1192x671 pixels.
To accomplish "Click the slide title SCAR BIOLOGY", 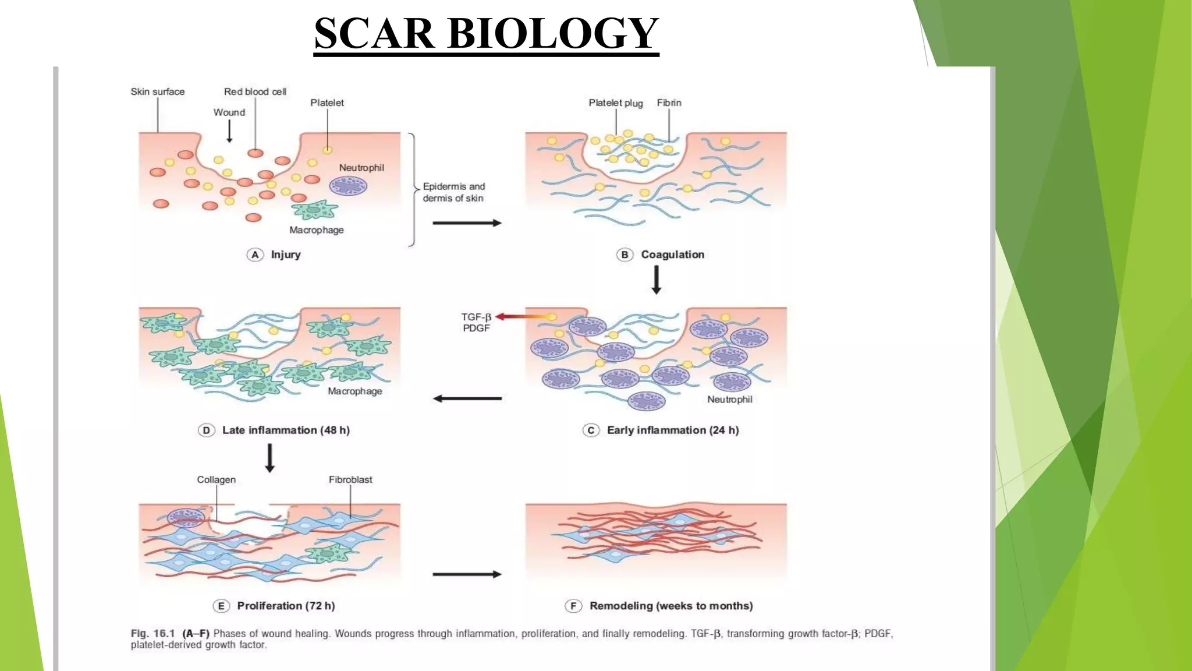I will click(486, 34).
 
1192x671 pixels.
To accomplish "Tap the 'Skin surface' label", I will click(157, 91).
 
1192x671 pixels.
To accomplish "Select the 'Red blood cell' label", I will click(255, 91).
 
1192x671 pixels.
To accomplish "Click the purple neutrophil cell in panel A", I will click(348, 186).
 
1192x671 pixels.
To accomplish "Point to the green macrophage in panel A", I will click(315, 210).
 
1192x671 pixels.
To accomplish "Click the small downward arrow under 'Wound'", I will click(229, 132).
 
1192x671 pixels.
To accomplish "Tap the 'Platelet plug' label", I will click(615, 103).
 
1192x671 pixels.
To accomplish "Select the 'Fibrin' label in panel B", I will click(669, 103).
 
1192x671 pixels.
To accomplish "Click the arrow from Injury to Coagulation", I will click(467, 223).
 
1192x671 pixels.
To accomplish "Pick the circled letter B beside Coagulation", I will click(625, 255).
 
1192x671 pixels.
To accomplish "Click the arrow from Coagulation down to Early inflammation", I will click(656, 280).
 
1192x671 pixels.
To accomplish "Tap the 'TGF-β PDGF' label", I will click(476, 322).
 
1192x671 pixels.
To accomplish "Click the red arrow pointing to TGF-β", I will click(523, 317).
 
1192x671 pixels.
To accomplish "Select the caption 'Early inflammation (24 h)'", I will click(672, 430).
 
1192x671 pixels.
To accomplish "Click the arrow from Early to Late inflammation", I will click(467, 399).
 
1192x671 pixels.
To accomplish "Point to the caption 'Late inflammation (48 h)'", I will click(285, 430).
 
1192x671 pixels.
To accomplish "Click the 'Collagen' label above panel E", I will click(216, 479).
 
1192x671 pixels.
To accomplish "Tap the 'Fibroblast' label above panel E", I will click(350, 479).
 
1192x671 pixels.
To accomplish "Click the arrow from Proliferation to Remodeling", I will click(467, 574).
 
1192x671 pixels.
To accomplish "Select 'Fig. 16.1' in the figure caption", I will click(152, 634).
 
